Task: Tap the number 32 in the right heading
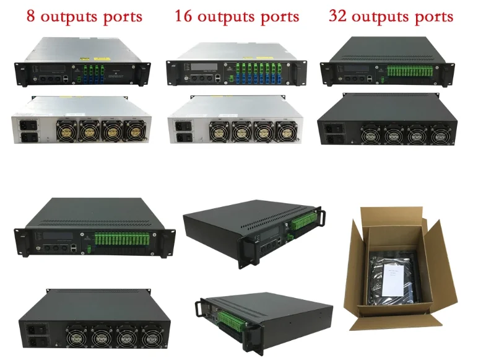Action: click(339, 15)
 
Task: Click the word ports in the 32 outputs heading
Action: click(431, 17)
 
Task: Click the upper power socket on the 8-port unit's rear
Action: click(29, 123)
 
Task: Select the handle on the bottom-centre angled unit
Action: click(201, 308)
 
